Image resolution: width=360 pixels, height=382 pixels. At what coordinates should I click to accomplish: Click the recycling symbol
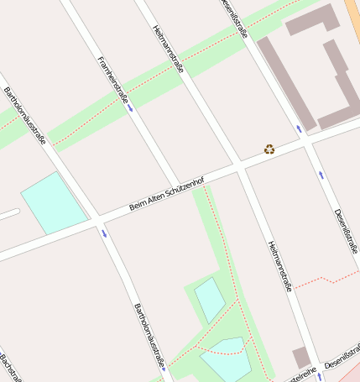coord(269,149)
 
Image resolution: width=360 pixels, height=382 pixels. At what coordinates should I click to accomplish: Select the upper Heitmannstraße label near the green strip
coord(169,50)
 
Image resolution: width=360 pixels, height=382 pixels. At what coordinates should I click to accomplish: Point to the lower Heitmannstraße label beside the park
coord(280,266)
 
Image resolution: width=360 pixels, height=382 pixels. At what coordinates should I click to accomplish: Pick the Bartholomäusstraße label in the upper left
coord(25,115)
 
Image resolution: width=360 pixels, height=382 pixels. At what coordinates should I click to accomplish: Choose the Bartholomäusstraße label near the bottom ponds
coord(149,336)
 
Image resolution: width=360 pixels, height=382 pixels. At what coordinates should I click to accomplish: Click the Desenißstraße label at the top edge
coord(236,18)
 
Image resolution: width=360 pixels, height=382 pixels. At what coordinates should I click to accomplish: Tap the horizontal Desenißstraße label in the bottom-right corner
coord(342,362)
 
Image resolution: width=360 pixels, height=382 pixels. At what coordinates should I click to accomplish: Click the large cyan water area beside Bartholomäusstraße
coord(54,202)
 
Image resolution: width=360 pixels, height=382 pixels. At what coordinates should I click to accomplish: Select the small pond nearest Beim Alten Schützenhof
coord(209,299)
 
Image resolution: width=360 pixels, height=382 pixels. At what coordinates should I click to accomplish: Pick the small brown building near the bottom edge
coord(301,358)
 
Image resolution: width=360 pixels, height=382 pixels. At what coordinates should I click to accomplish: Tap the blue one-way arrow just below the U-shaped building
coord(299,129)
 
